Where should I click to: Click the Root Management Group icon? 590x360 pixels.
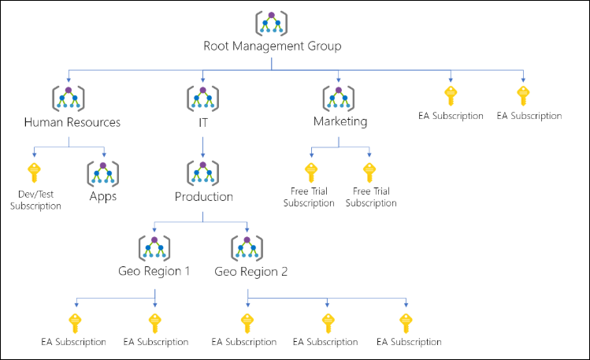click(272, 23)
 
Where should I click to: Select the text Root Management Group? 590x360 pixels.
click(272, 46)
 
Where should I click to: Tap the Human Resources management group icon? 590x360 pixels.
click(69, 98)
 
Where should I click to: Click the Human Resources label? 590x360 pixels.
click(72, 122)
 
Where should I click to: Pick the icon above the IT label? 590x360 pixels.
click(203, 98)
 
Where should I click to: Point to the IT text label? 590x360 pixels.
click(203, 122)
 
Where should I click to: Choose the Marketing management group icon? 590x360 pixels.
click(339, 98)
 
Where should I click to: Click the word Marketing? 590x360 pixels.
click(340, 122)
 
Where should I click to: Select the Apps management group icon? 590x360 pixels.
click(103, 173)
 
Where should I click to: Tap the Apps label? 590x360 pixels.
click(103, 196)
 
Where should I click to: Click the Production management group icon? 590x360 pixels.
click(203, 173)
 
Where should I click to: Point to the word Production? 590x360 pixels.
click(204, 197)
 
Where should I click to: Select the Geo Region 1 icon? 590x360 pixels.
click(154, 248)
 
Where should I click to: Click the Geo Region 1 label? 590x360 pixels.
click(154, 272)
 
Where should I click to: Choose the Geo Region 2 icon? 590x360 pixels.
click(247, 248)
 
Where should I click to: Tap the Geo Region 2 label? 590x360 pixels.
click(250, 272)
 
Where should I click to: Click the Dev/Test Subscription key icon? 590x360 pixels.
click(35, 172)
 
